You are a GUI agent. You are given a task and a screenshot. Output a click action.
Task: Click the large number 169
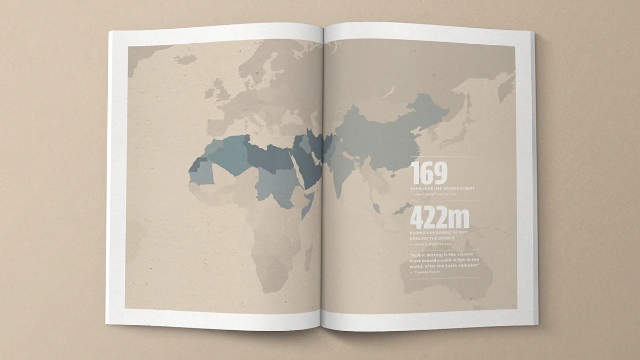[429, 174]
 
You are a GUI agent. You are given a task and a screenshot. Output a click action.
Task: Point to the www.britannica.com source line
[434, 244]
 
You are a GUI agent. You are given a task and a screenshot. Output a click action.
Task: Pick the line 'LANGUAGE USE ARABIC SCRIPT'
[442, 188]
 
